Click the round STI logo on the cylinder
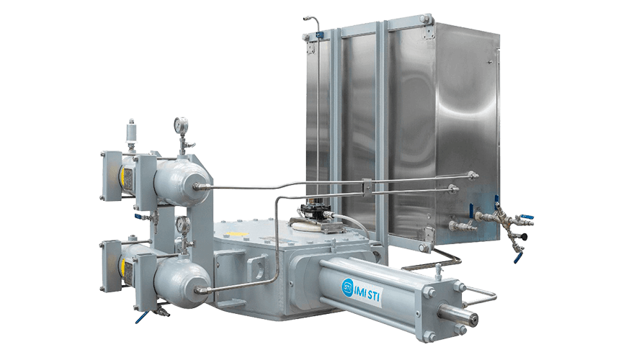[x=348, y=287]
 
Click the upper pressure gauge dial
[x=181, y=125]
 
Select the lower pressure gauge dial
[x=183, y=223]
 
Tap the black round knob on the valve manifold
[x=524, y=236]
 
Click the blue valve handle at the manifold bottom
[x=518, y=257]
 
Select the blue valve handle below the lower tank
[x=141, y=318]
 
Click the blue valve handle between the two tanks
[x=138, y=216]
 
